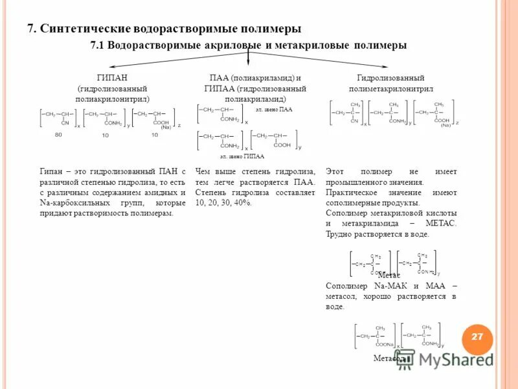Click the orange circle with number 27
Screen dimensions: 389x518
click(x=477, y=337)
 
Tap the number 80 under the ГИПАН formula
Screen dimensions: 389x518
click(x=58, y=135)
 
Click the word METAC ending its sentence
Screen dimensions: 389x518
click(x=441, y=223)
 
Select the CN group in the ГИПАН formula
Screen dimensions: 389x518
click(x=65, y=123)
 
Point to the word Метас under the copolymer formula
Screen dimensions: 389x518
click(x=389, y=276)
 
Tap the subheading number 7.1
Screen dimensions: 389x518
click(x=98, y=45)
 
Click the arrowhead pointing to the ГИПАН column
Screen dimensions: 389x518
click(x=111, y=66)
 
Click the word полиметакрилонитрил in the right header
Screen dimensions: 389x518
click(x=390, y=88)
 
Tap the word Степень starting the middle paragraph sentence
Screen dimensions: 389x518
click(x=211, y=193)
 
